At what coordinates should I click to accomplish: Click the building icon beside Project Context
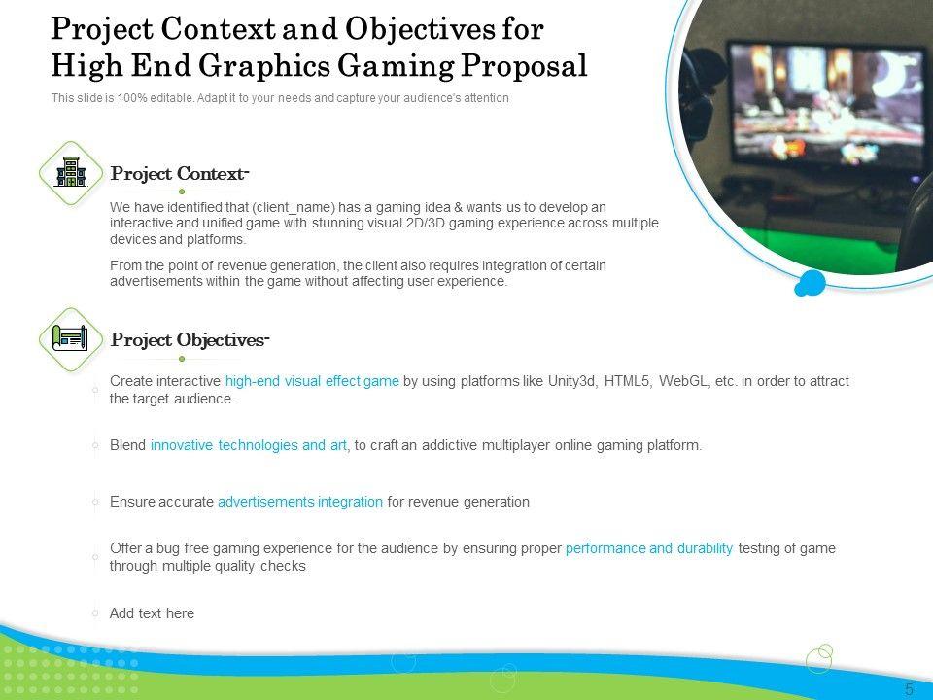click(71, 173)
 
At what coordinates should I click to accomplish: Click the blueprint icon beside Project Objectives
click(71, 338)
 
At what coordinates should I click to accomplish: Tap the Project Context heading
click(179, 174)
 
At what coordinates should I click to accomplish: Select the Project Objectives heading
click(190, 340)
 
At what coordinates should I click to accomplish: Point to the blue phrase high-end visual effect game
click(312, 381)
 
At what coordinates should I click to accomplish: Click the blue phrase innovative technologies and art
click(248, 445)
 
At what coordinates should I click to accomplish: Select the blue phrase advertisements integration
click(300, 502)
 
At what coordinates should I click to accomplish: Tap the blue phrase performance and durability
click(648, 548)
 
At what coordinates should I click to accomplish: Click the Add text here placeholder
click(152, 613)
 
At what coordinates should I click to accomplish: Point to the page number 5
click(909, 688)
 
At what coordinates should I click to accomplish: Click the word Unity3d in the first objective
click(572, 381)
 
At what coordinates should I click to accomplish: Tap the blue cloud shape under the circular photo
click(811, 283)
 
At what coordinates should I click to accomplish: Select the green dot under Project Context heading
click(182, 192)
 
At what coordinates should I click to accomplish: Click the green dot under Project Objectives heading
click(182, 359)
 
